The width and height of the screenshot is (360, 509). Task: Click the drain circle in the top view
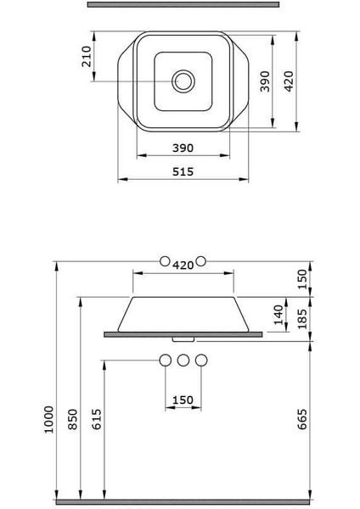183,70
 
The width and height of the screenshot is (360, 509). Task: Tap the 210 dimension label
87,57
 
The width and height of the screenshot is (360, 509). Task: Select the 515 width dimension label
183,171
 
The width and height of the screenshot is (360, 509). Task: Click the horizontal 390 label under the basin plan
183,148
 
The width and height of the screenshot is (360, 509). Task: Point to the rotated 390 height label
265,81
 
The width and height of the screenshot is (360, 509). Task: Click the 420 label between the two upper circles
183,266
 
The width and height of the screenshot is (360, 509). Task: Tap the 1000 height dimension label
48,419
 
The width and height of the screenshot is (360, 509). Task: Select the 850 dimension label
73,419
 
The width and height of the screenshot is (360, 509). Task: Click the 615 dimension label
97,419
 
